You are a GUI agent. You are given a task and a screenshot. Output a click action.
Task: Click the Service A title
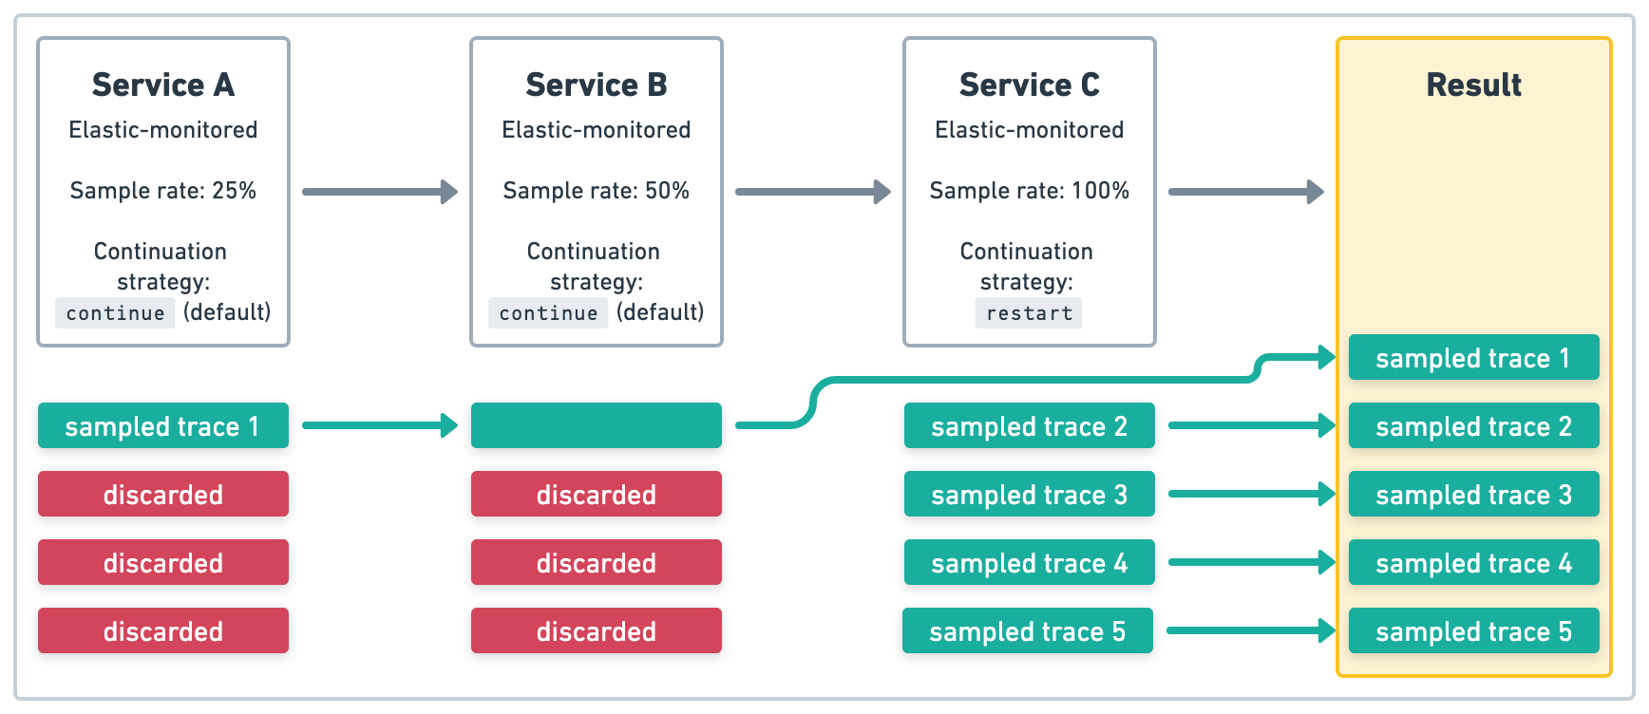click(x=163, y=85)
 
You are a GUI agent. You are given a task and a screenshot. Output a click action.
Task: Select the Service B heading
click(x=597, y=85)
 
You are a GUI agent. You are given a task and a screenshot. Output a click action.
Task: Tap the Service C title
click(x=1030, y=85)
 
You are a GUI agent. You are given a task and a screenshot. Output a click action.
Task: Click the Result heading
click(x=1473, y=85)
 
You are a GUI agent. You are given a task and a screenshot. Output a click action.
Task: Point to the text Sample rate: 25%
click(x=163, y=190)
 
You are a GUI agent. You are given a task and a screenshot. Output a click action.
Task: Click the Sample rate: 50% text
click(x=597, y=190)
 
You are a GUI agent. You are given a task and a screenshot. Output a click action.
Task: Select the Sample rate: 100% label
click(x=1030, y=190)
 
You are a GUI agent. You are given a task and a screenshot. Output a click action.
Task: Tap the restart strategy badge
click(x=1029, y=313)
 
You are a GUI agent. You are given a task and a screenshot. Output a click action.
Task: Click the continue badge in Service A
click(x=115, y=313)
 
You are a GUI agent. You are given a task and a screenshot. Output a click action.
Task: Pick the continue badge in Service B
click(x=548, y=313)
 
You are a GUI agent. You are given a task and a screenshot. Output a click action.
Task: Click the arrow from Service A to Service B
click(x=380, y=192)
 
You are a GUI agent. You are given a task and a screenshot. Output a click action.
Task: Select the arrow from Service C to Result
click(x=1245, y=192)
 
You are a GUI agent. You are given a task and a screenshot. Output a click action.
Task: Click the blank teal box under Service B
click(x=597, y=425)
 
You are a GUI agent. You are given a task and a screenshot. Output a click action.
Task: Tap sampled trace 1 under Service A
click(x=163, y=425)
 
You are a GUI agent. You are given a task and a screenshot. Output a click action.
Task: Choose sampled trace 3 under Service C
click(x=1030, y=494)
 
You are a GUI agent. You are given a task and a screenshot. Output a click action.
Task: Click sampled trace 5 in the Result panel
click(x=1473, y=630)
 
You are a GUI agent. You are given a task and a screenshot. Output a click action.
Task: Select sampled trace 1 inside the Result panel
click(x=1473, y=357)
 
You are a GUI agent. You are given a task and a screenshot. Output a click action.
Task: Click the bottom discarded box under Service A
click(x=163, y=630)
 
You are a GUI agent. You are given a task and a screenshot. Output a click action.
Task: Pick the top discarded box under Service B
click(x=597, y=494)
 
